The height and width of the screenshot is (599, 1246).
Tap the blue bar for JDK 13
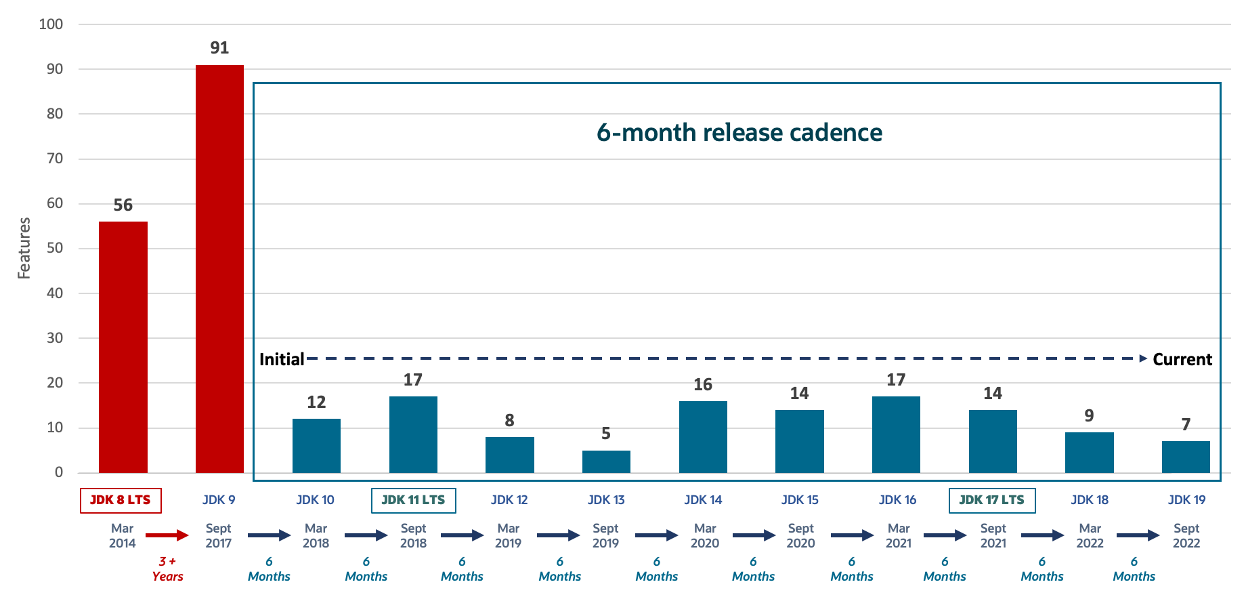pyautogui.click(x=606, y=461)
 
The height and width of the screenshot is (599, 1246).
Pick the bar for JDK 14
pyautogui.click(x=703, y=437)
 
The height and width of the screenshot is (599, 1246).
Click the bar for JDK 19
pyautogui.click(x=1186, y=457)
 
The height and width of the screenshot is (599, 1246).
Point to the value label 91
pyautogui.click(x=219, y=48)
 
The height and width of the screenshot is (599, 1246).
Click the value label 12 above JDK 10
pyautogui.click(x=316, y=402)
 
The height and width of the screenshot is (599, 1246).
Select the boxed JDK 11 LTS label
pyautogui.click(x=413, y=500)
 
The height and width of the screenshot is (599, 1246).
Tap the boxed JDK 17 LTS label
pyautogui.click(x=992, y=500)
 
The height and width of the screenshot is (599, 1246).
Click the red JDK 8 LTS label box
pyautogui.click(x=121, y=500)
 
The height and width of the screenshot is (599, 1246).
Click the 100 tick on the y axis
pyautogui.click(x=51, y=24)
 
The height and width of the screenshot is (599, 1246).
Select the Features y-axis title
pyautogui.click(x=24, y=248)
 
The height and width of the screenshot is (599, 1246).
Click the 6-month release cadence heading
pyautogui.click(x=739, y=133)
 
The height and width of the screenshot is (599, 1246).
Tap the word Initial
pyautogui.click(x=282, y=359)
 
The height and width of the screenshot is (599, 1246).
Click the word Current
pyautogui.click(x=1182, y=359)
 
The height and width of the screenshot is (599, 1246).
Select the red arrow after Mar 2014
pyautogui.click(x=167, y=535)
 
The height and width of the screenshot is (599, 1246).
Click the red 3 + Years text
pyautogui.click(x=167, y=569)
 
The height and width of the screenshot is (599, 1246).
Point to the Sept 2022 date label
pyautogui.click(x=1186, y=535)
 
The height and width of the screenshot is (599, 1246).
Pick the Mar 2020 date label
pyautogui.click(x=704, y=535)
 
